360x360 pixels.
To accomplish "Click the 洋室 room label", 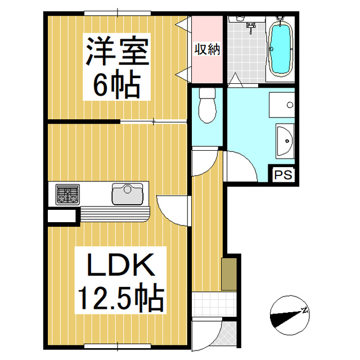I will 116,52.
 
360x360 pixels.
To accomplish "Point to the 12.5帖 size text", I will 119,298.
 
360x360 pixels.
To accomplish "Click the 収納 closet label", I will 207,49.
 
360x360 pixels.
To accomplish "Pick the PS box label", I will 284,175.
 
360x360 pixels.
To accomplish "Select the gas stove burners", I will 67,195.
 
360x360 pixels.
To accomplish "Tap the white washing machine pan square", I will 282,103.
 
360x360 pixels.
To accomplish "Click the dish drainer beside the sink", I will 115,214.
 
